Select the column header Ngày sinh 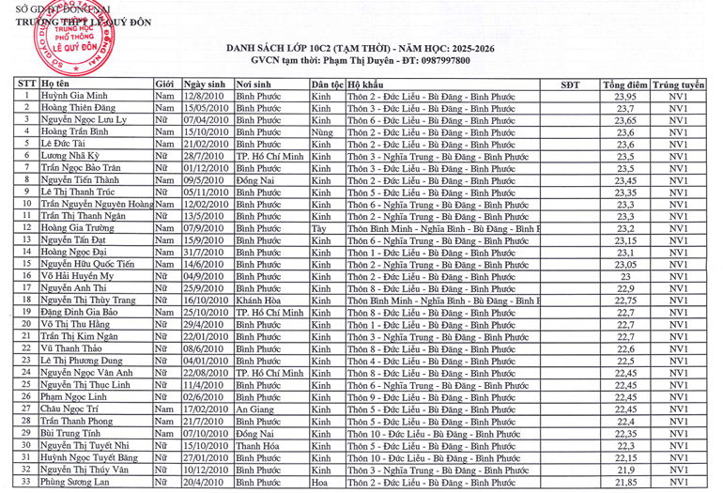point(205,85)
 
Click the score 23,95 point(625,97)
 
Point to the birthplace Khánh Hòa point(258,300)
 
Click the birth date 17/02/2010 point(207,408)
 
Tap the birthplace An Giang point(254,408)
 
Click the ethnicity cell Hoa point(320,482)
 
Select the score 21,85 point(625,482)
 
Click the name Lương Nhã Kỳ point(71,156)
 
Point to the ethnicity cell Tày point(319,228)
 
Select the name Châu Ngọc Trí point(69,408)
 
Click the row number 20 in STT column point(27,324)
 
